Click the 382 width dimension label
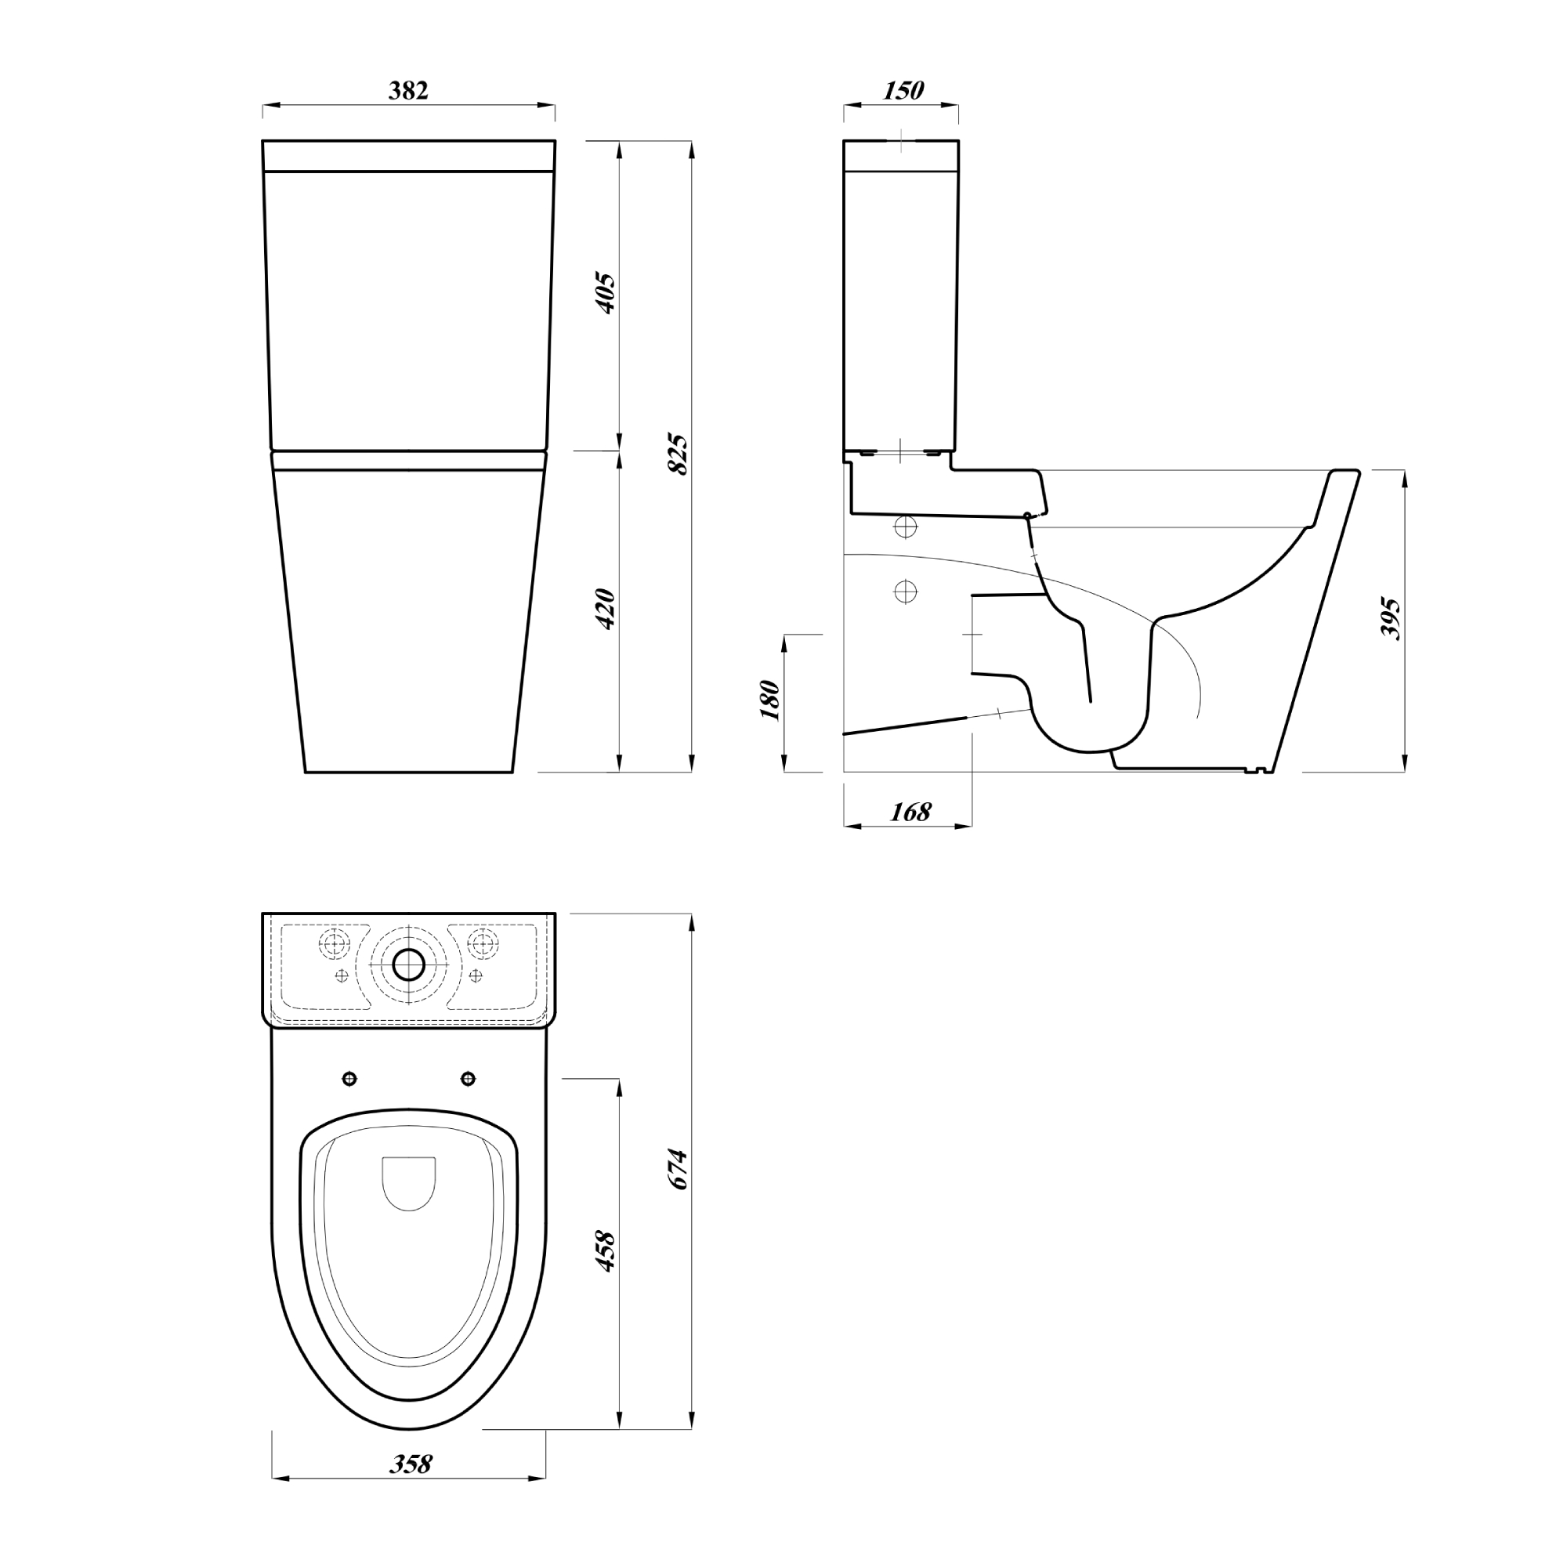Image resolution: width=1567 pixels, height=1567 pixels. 408,90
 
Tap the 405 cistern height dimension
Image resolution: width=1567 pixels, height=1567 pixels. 606,294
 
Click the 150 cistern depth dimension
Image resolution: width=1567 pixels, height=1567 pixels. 903,90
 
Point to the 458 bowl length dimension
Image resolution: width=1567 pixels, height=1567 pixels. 606,1252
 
